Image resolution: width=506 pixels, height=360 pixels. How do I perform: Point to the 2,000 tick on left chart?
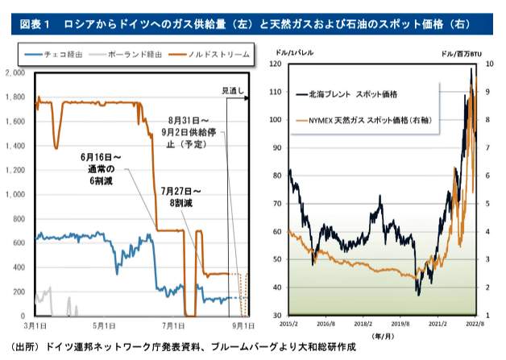coord(17,73)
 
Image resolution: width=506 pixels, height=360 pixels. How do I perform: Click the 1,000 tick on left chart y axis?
coord(17,194)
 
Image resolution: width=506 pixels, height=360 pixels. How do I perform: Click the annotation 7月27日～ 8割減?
coord(180,197)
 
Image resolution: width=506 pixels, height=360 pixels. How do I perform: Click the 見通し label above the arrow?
coord(233,91)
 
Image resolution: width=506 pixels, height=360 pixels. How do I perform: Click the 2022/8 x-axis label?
coord(475,323)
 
